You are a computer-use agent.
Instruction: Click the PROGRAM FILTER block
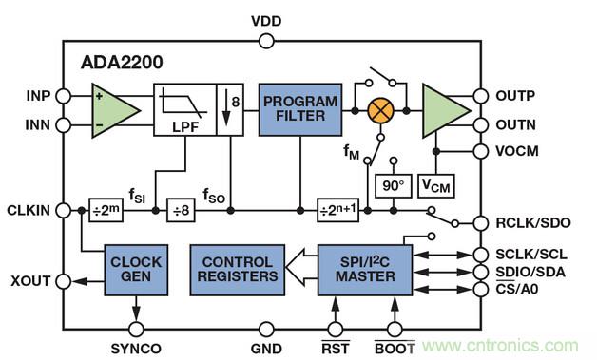coord(300,109)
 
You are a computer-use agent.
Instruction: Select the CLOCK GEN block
coord(136,270)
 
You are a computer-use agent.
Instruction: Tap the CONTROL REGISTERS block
coord(238,270)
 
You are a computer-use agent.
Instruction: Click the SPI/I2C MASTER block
coord(365,270)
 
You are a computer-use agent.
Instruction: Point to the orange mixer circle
coord(380,111)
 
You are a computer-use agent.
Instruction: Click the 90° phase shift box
coord(394,186)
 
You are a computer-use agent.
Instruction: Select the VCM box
coord(436,186)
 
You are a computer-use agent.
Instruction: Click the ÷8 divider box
coord(181,210)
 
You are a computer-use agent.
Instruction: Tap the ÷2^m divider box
coord(106,210)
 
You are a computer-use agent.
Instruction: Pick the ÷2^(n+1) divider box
coord(338,210)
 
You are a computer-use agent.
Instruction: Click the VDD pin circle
coord(266,41)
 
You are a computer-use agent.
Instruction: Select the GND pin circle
coord(266,329)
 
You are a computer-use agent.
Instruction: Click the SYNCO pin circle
coord(136,329)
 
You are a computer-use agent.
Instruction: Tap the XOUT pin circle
coord(63,281)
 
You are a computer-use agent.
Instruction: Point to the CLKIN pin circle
coord(63,210)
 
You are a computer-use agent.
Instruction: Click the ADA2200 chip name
coord(122,63)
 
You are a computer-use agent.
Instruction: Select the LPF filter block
coord(185,109)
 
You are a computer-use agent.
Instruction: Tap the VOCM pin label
coord(517,151)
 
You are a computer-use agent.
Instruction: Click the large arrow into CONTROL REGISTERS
coord(301,267)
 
